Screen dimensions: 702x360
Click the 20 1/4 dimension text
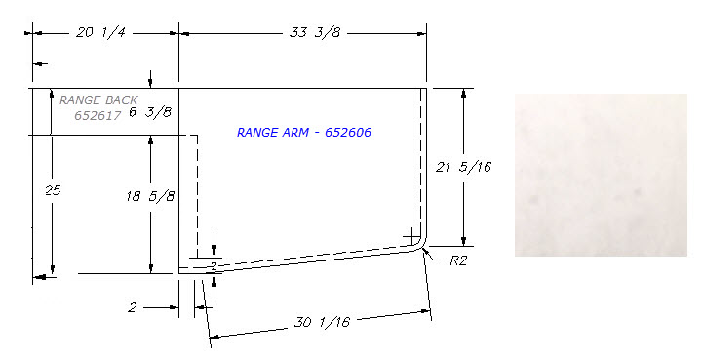[100, 33]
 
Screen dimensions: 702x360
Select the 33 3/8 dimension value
[315, 32]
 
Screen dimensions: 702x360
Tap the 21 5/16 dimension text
[463, 167]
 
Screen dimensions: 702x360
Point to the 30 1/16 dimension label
[322, 322]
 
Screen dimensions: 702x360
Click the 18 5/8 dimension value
[150, 196]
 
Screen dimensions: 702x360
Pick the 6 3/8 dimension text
[150, 112]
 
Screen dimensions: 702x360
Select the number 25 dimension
[53, 190]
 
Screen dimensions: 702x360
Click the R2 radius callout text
[458, 260]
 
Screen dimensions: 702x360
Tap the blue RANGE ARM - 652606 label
[304, 132]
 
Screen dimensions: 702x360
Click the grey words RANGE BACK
[98, 100]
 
